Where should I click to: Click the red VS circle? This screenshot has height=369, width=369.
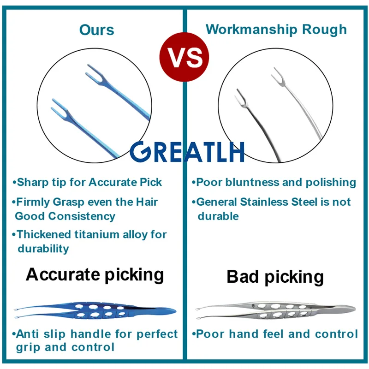(184, 57)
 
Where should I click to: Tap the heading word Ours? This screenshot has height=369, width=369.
(97, 30)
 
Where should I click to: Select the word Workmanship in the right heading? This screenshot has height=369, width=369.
(251, 30)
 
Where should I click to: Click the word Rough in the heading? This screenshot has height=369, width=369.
(324, 30)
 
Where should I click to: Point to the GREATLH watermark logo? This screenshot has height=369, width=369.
(187, 152)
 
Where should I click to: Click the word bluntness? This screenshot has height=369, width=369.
(252, 182)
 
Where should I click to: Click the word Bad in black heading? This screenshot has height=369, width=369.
(243, 276)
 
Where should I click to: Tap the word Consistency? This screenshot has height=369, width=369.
(82, 216)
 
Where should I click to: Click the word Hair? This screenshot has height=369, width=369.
(147, 202)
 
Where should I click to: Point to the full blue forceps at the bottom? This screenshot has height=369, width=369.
(95, 310)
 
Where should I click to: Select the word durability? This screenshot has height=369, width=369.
(43, 249)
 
